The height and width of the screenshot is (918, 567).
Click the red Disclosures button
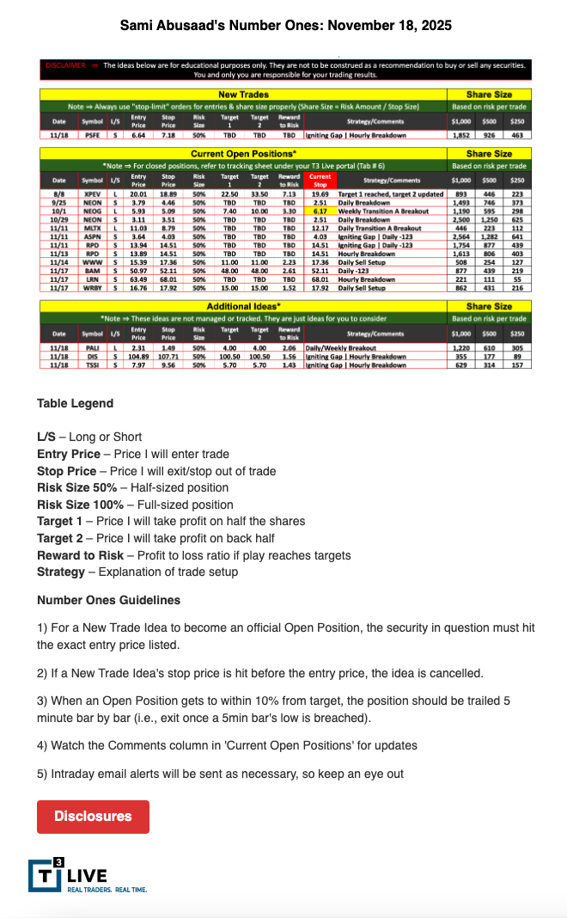point(93,817)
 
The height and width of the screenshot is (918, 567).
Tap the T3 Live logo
point(87,876)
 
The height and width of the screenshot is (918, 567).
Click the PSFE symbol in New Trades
point(91,135)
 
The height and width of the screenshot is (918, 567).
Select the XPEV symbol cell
point(91,196)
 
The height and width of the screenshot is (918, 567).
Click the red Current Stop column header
point(320,181)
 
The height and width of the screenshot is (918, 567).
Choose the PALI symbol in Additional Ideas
point(91,347)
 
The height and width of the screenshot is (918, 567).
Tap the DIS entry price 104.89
point(138,356)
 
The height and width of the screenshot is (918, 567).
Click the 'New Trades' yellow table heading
point(244,95)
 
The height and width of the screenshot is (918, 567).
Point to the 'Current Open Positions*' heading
point(244,153)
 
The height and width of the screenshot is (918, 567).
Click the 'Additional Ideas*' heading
point(244,306)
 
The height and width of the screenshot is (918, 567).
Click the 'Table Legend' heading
point(75,403)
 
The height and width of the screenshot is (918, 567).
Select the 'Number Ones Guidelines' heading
point(108,600)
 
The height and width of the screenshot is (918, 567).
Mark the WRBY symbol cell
point(91,288)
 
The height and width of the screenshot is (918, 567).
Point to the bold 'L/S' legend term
point(46,437)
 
